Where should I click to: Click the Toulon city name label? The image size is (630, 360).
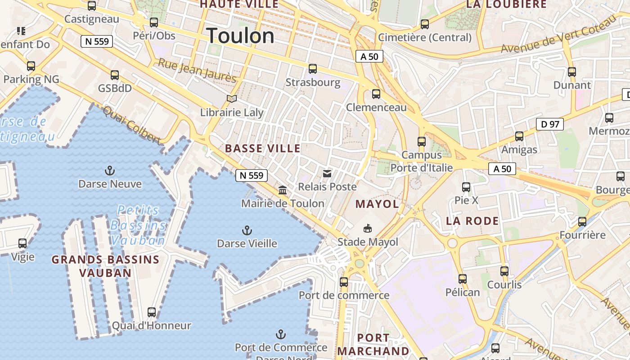(x=240, y=36)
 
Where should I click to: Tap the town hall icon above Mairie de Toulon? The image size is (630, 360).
(x=283, y=190)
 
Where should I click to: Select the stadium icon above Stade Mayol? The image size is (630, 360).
(x=368, y=229)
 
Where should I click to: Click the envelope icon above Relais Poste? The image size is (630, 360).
(x=327, y=173)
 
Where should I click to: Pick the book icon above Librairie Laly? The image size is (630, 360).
(x=232, y=99)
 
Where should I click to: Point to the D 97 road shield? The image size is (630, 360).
(x=549, y=124)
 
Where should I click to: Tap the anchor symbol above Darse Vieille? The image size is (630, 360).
(x=247, y=231)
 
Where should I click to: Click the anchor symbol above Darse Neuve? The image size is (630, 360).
(x=109, y=171)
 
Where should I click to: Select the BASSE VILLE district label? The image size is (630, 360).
(x=262, y=148)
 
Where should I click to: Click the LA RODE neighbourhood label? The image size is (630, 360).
(x=472, y=221)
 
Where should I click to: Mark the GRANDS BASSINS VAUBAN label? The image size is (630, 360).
(x=105, y=266)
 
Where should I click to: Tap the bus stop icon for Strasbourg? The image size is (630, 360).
(x=313, y=69)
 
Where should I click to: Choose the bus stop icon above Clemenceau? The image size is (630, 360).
(x=376, y=94)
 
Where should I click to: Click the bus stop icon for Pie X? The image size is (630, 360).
(x=466, y=187)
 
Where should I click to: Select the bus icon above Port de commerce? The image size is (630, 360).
(x=344, y=282)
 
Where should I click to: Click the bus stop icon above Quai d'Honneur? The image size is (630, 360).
(x=152, y=312)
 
